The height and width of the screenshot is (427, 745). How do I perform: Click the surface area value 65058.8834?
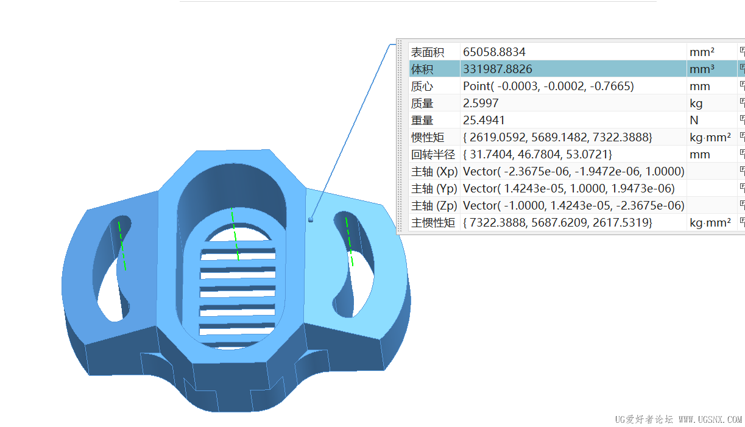point(494,52)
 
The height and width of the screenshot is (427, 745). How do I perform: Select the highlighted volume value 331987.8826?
point(498,69)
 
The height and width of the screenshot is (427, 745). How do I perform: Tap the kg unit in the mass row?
point(696,104)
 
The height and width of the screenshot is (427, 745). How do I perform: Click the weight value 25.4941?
point(484,121)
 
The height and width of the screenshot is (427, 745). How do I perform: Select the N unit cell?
point(694,121)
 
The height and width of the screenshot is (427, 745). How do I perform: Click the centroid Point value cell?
point(548,86)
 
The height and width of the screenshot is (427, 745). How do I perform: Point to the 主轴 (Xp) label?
point(434,172)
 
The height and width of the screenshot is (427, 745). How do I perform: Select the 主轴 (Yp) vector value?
point(568,189)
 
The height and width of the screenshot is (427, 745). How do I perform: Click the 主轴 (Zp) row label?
point(434,206)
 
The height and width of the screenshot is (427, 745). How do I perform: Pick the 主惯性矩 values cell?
point(557,223)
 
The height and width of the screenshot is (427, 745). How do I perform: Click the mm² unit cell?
point(702,52)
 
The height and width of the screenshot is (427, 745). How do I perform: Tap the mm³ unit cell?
point(702,69)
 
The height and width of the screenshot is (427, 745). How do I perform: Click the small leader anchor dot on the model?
point(311,220)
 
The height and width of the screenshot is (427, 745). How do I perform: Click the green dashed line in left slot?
point(122,245)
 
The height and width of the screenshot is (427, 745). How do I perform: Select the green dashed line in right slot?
point(349,241)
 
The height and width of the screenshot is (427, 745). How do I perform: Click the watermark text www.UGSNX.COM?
point(710,420)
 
